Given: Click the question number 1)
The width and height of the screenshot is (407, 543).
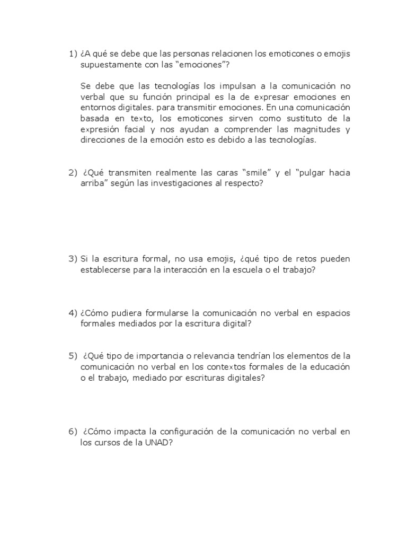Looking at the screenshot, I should pyautogui.click(x=73, y=54).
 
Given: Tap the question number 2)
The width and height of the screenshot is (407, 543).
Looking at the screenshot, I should pyautogui.click(x=73, y=173).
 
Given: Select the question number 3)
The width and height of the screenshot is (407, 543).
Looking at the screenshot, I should pyautogui.click(x=73, y=259).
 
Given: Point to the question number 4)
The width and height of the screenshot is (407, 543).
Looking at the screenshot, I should pyautogui.click(x=73, y=313).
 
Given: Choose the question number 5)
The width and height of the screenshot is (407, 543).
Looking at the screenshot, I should pyautogui.click(x=73, y=356).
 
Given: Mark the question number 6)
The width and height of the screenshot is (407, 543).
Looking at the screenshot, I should pyautogui.click(x=73, y=432).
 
